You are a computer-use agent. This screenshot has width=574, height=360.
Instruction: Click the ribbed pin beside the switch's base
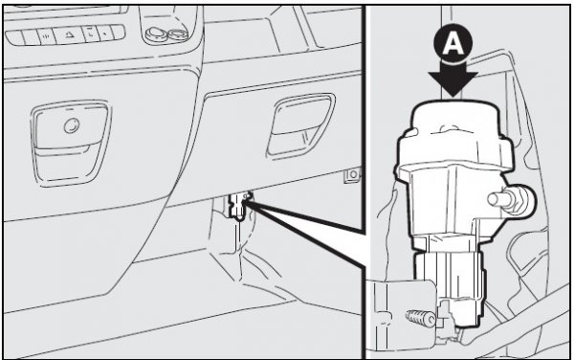click(x=420, y=317)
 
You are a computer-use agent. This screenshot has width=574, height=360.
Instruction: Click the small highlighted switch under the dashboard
click(x=239, y=205)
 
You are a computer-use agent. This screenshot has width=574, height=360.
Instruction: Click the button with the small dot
click(x=104, y=34)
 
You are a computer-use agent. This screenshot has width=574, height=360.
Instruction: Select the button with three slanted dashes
click(x=46, y=36)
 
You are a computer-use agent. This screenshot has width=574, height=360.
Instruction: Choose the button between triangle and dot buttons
click(x=90, y=34)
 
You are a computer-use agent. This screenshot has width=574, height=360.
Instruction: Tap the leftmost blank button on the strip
click(x=14, y=37)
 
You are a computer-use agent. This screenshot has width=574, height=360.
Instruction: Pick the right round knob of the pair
click(x=178, y=34)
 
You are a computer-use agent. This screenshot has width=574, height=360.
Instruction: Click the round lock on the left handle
click(x=72, y=126)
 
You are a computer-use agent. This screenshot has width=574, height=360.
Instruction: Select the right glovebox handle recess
click(x=301, y=125)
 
